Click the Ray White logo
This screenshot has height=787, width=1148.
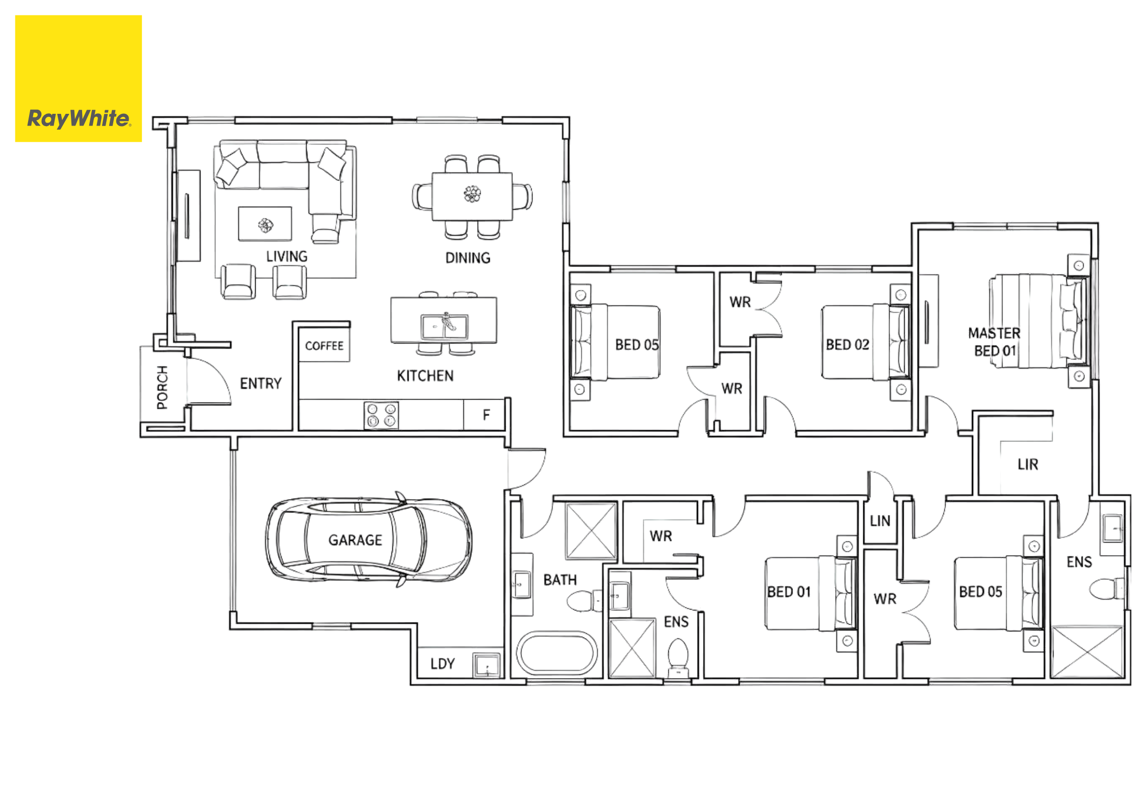pos(79,79)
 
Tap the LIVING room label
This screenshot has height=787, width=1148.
pos(287,256)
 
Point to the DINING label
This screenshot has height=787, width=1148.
pos(468,258)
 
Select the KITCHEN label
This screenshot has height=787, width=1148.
pos(425,376)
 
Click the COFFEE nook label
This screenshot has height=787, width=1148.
pos(324,346)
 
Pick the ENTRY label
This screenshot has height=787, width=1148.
pos(261,383)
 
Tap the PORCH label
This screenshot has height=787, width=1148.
pos(162,387)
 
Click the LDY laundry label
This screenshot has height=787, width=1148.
pos(442,663)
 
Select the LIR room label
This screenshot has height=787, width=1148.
pos(1028,464)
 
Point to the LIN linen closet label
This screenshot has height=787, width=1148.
pos(880,521)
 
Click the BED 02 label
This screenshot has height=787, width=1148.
pos(847,345)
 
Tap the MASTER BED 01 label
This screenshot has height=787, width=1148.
pos(994,342)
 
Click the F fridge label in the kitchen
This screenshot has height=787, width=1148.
pos(486,414)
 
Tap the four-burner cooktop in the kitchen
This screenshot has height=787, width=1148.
pos(381,415)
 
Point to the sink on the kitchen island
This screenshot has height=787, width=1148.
pos(444,326)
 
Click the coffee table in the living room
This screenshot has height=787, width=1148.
pos(265,224)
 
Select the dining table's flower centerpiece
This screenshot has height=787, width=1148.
pos(472,194)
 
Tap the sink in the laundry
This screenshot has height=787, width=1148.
pos(486,666)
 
